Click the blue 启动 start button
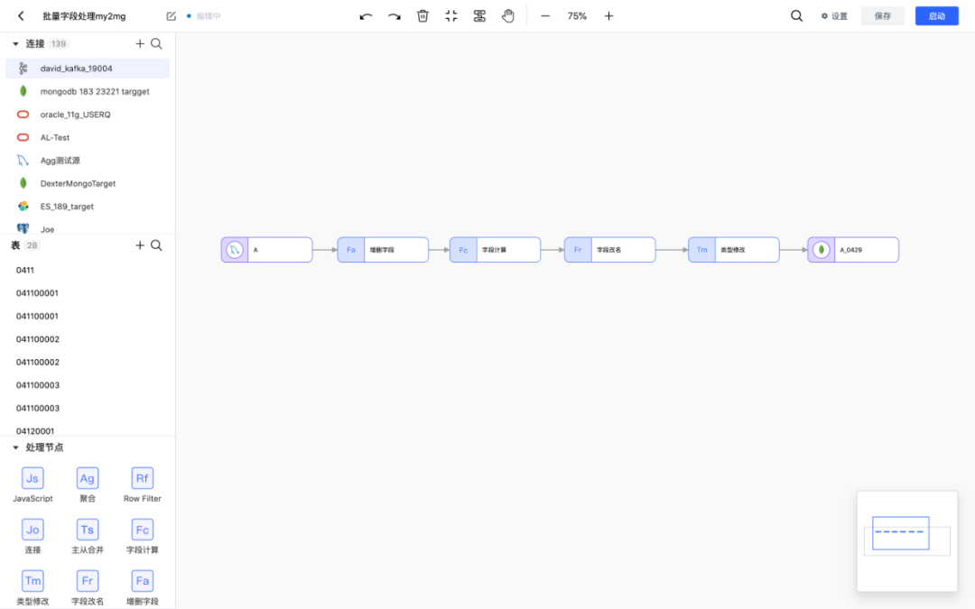click(x=936, y=16)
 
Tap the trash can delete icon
click(x=422, y=16)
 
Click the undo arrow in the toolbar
click(x=366, y=16)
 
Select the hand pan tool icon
click(x=508, y=16)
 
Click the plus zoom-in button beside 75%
click(x=608, y=16)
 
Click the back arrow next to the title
click(x=21, y=16)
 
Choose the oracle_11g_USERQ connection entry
click(x=75, y=115)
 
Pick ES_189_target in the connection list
click(x=67, y=207)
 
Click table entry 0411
click(x=25, y=271)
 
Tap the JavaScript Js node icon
click(x=32, y=478)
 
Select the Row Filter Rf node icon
click(x=143, y=478)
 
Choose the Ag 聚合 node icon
click(x=88, y=478)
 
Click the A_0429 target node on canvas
click(x=853, y=250)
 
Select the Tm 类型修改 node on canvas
click(x=734, y=250)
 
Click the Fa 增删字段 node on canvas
click(x=383, y=250)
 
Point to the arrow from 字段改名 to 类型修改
click(x=672, y=250)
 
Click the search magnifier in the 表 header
click(x=157, y=245)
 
